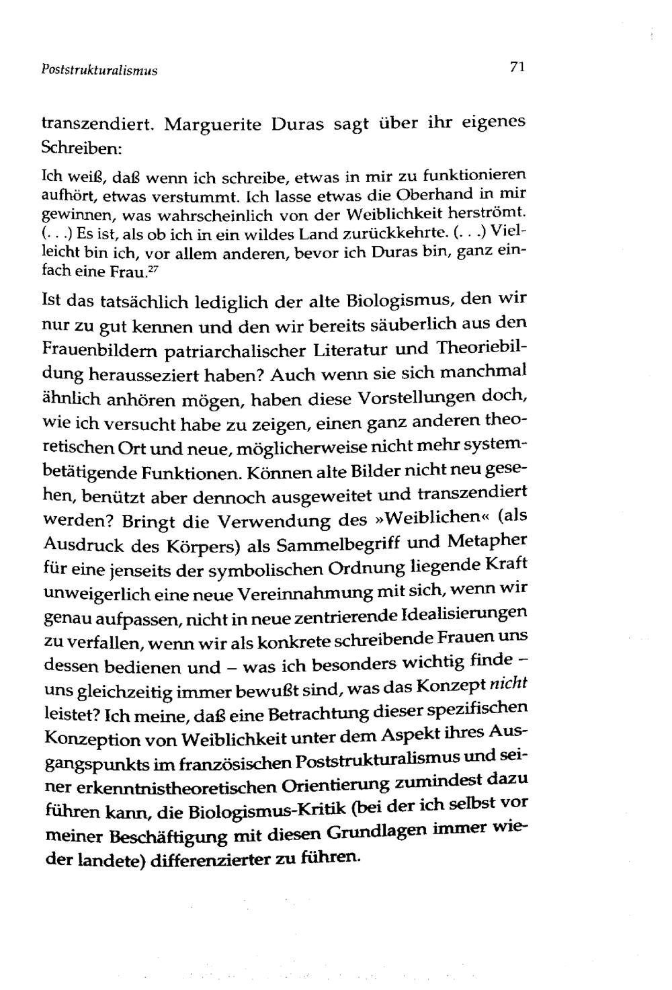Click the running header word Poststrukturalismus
click(99, 70)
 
